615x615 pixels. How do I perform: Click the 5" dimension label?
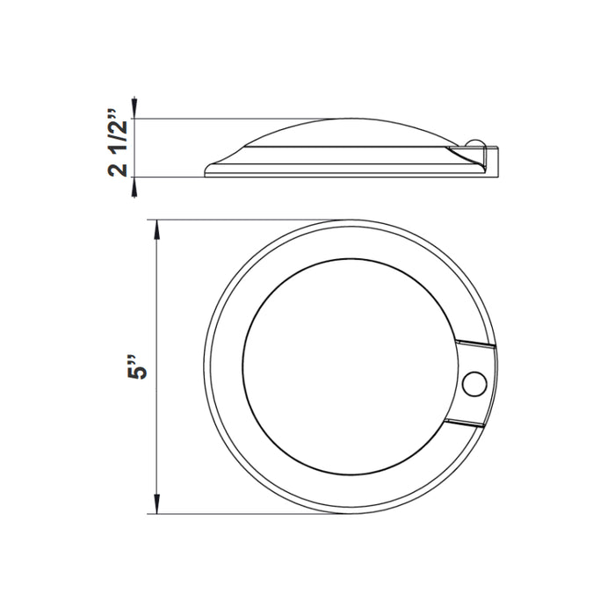click(x=134, y=367)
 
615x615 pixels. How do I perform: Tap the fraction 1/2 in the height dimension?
click(x=119, y=133)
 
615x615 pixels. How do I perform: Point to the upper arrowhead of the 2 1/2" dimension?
click(x=134, y=110)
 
